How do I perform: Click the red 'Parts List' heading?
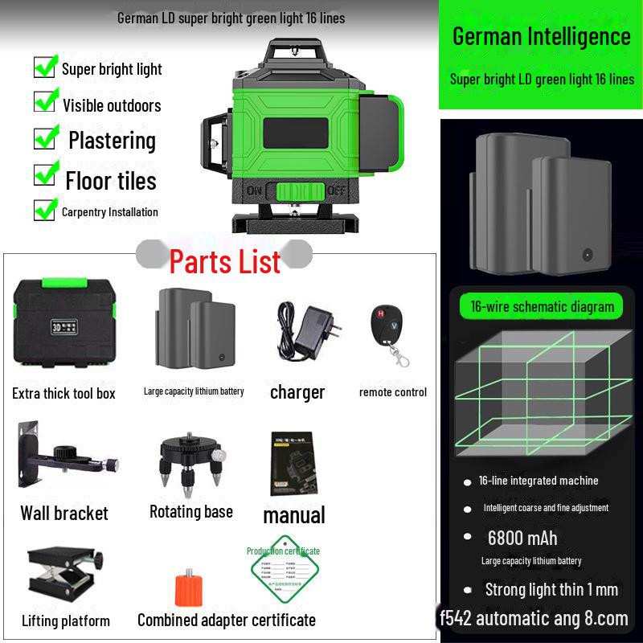pos(225,261)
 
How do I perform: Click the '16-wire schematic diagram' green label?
pos(541,306)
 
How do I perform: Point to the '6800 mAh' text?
pos(522,538)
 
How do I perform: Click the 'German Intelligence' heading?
pos(541,36)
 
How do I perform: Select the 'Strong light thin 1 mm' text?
pos(551,589)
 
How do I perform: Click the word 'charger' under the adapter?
pos(297,392)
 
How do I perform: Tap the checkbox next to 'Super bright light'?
pos(45,66)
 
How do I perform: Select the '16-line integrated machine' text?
pos(539,481)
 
